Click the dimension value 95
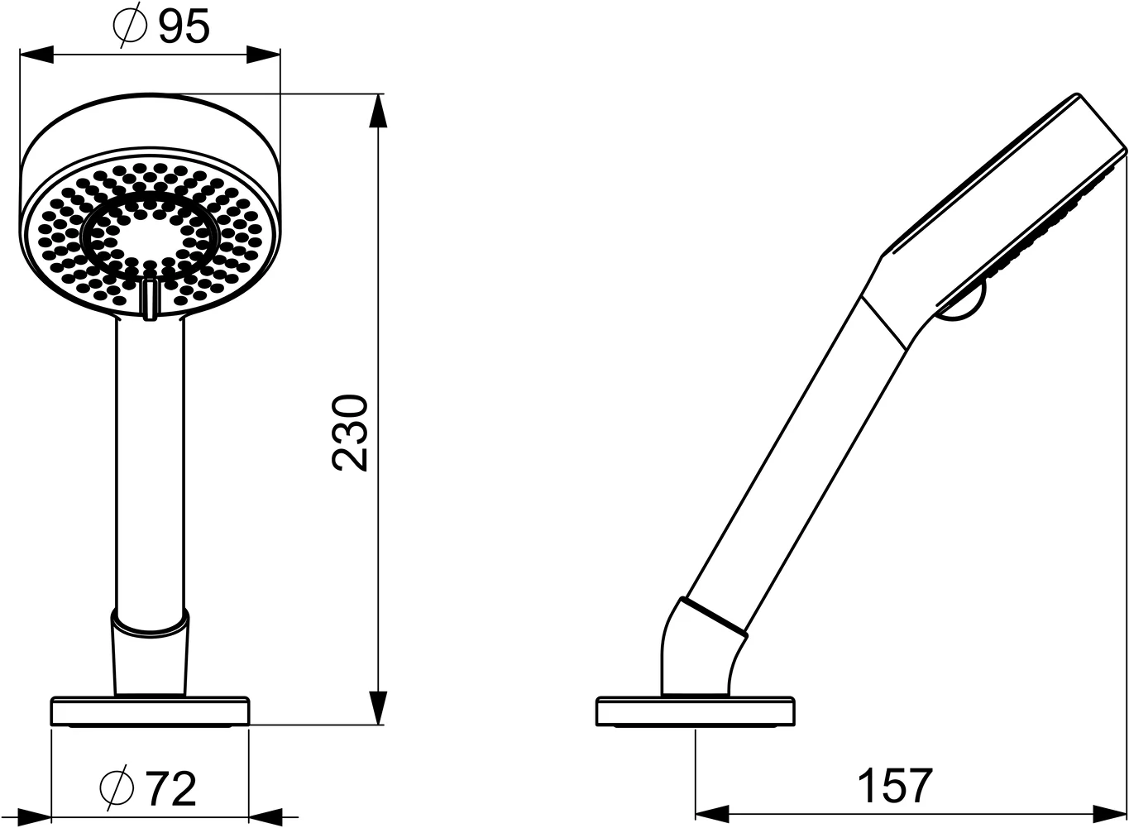[184, 26]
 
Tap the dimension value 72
[171, 788]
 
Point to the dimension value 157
[895, 785]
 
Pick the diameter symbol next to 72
[117, 788]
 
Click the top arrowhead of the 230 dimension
[378, 111]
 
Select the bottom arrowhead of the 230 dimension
[378, 707]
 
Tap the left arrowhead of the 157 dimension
[711, 811]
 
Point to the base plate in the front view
[150, 711]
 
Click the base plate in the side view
[695, 711]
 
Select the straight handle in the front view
[150, 463]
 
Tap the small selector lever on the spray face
[150, 299]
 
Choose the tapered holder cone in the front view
[150, 653]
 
